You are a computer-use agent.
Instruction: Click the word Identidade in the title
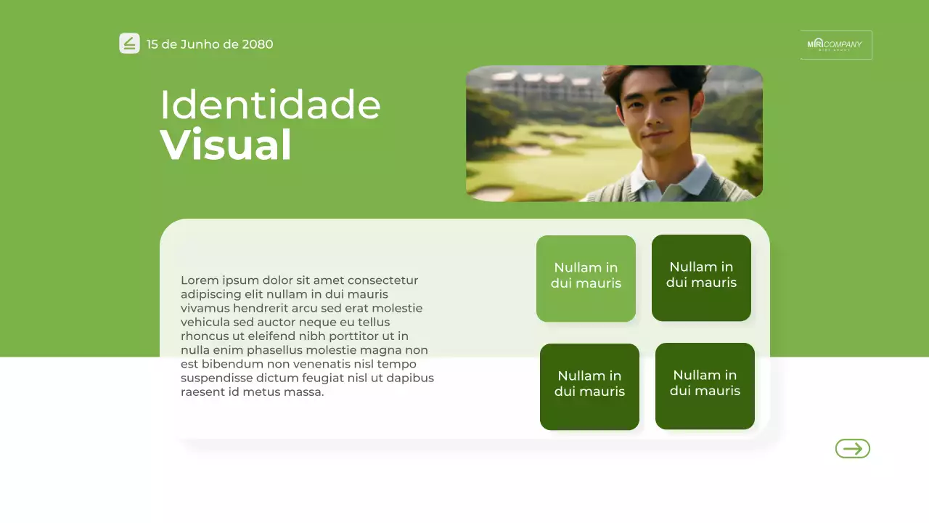coord(270,105)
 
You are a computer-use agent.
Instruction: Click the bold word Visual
coord(226,145)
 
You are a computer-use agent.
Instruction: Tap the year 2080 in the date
coord(258,44)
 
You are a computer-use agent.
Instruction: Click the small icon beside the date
coord(129,44)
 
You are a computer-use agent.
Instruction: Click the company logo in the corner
coord(835,45)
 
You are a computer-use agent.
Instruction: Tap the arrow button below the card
coord(852,449)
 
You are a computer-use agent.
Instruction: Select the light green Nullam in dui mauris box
coord(586,278)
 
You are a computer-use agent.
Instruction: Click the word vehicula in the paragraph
coord(205,323)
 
